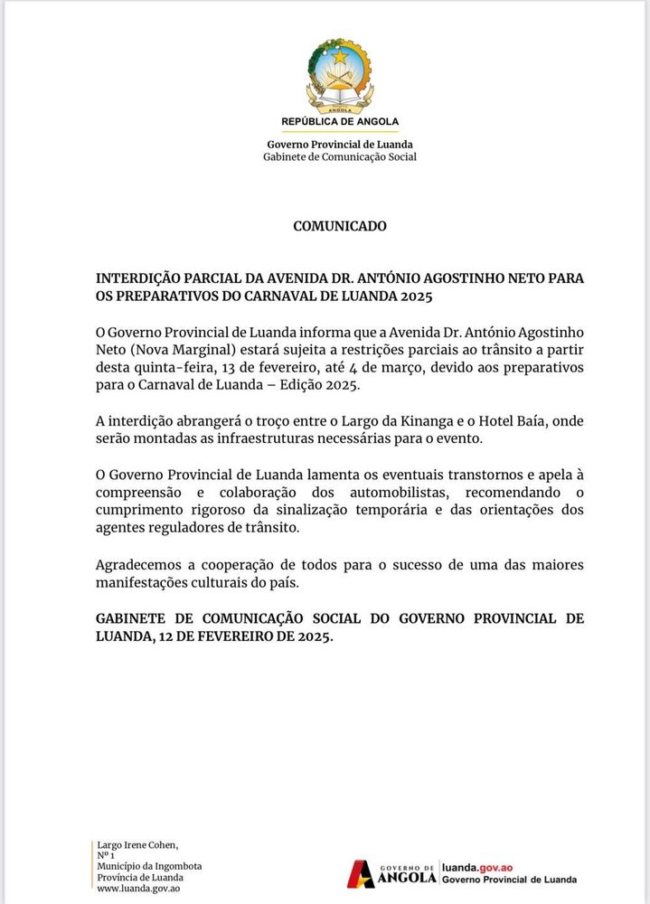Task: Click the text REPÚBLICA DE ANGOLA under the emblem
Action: pos(340,121)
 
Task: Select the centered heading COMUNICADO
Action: pos(340,226)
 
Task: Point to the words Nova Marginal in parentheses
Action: pos(178,349)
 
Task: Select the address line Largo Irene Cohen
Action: pos(137,844)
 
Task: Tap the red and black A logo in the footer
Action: pos(363,873)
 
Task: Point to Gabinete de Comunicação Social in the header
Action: pos(340,157)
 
